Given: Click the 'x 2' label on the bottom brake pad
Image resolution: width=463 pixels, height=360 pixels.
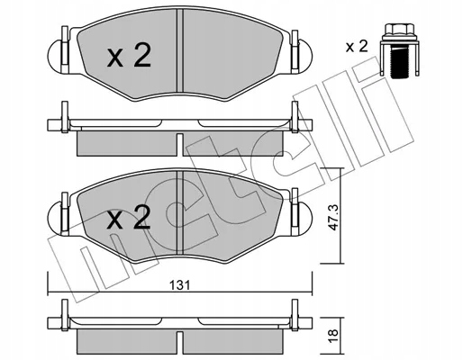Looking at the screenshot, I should pos(128,219).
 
